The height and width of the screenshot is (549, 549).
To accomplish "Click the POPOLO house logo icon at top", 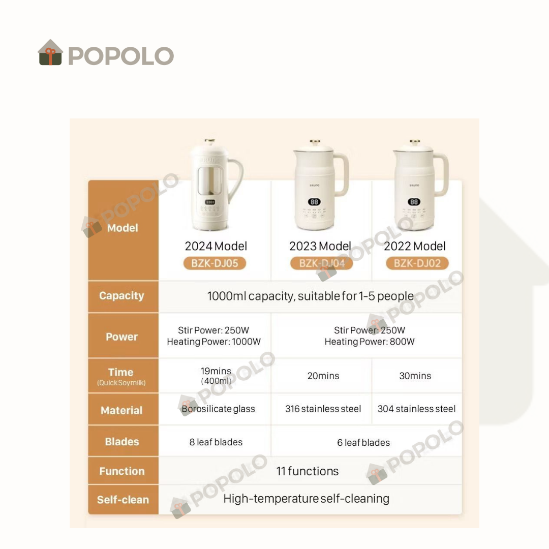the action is (x=50, y=52).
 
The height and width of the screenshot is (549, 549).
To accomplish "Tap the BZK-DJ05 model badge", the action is (x=215, y=263).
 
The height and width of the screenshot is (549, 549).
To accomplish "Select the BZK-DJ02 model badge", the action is (x=417, y=263).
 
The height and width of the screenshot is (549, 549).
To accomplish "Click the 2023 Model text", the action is (x=320, y=246).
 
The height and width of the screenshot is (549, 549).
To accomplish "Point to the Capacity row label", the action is (x=121, y=296).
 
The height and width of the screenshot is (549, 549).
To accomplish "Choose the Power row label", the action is (x=121, y=337).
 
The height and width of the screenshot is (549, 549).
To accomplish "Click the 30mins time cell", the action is (x=415, y=376).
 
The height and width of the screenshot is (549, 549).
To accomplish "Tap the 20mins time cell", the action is (x=323, y=376).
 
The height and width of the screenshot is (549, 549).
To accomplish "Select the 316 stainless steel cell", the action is (x=323, y=409).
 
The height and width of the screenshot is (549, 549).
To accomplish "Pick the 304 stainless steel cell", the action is (x=416, y=409).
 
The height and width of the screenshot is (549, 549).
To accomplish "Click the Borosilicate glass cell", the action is (x=218, y=409).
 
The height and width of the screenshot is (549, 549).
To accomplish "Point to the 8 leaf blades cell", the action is (x=216, y=442).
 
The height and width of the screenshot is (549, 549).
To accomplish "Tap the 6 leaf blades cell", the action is (x=363, y=443).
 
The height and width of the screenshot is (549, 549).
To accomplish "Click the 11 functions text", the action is (x=308, y=471).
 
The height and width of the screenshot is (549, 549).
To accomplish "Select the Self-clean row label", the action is (x=123, y=500).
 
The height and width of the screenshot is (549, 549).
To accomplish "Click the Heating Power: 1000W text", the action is (x=213, y=342).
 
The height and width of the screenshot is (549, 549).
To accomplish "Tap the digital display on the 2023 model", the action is (x=314, y=202).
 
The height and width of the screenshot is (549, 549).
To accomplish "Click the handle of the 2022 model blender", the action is (x=441, y=175).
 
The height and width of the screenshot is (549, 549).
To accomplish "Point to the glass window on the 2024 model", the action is (x=210, y=180).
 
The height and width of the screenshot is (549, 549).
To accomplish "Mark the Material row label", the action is (x=121, y=410).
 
